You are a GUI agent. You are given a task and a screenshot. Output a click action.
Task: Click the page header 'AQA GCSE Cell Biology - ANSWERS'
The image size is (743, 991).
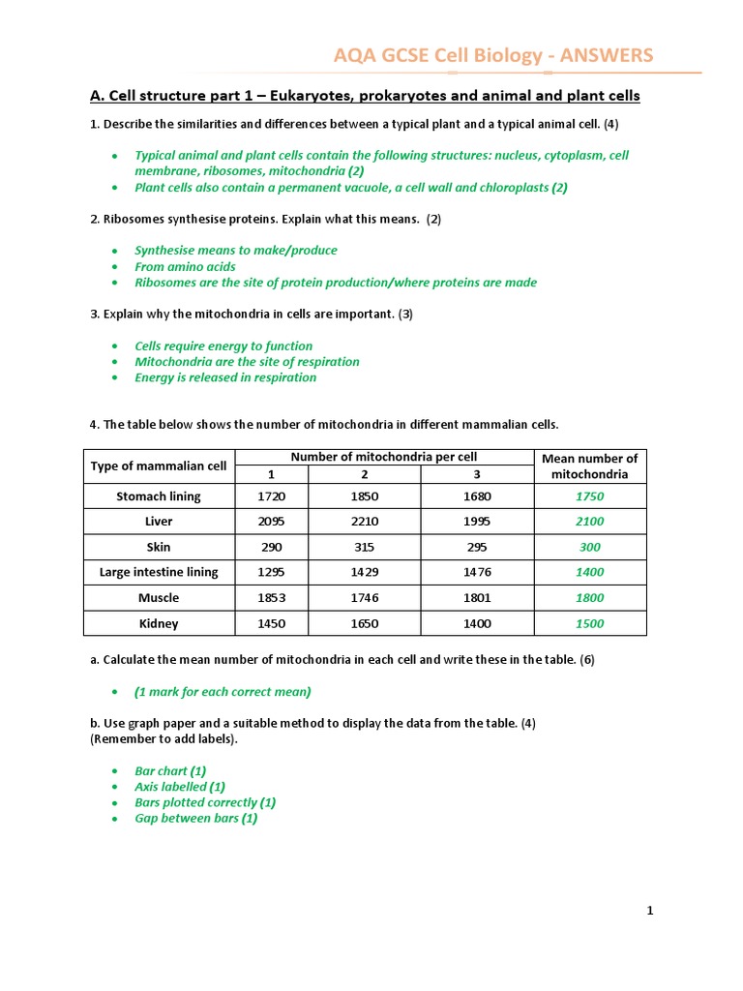(493, 55)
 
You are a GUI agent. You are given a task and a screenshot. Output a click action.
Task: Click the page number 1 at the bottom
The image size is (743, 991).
(651, 910)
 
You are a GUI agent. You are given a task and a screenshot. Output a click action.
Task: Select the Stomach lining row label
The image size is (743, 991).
(159, 496)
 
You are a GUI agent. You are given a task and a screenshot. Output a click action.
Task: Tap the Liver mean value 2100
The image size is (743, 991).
(589, 522)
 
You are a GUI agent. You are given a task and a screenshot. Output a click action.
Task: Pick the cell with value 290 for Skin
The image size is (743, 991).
(272, 547)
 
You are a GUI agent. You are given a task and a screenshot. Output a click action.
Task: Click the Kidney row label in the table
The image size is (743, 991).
(159, 623)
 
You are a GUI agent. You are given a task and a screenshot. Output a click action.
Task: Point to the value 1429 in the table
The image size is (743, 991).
(364, 572)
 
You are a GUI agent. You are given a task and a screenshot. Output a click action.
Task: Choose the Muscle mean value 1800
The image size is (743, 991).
(589, 598)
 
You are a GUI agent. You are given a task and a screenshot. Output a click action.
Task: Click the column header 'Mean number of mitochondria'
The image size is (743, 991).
(589, 465)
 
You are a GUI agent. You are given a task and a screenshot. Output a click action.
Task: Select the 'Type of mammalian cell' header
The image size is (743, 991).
(159, 465)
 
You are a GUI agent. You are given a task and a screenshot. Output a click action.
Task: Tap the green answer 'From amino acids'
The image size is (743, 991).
(185, 266)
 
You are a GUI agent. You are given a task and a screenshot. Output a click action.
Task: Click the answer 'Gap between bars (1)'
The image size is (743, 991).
(195, 818)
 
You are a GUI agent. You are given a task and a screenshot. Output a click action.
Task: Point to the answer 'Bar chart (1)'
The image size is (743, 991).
(170, 771)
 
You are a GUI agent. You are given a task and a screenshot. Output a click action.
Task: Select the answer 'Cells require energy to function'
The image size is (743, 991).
(223, 345)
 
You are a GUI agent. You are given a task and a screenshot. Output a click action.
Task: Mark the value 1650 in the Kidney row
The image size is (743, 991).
(364, 623)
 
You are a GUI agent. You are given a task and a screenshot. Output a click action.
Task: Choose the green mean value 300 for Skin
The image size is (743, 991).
(589, 547)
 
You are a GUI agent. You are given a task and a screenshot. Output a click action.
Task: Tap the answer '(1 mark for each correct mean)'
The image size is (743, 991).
(223, 692)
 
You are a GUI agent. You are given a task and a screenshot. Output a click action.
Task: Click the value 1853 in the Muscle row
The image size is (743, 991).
(272, 598)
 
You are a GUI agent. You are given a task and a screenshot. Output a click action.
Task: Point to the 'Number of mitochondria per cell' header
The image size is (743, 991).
(384, 457)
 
